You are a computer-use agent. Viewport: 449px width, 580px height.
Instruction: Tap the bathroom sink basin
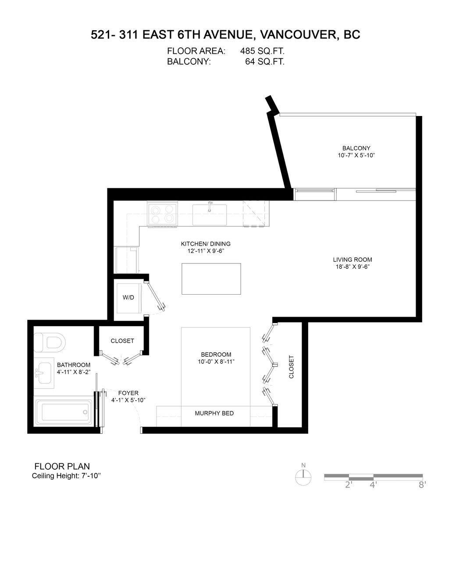point(46,373)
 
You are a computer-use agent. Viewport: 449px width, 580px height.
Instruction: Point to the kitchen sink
point(210,214)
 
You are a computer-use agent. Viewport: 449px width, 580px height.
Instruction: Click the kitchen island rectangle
point(211,279)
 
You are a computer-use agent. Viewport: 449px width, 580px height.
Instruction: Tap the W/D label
point(128,298)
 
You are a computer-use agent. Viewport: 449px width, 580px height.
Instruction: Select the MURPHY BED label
point(214,413)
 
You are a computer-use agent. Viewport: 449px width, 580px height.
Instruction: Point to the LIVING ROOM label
point(352,260)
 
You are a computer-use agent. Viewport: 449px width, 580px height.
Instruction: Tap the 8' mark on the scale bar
point(422,485)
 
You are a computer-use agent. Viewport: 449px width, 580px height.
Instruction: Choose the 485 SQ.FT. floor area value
point(262,51)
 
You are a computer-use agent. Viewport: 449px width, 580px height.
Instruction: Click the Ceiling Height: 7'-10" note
point(66,476)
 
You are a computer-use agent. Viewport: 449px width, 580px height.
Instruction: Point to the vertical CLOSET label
point(292,367)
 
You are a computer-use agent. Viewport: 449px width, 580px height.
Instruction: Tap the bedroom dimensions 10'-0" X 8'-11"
point(216,362)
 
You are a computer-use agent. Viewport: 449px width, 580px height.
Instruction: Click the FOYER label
point(128,393)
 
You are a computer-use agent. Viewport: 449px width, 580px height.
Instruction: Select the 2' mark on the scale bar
point(349,485)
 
